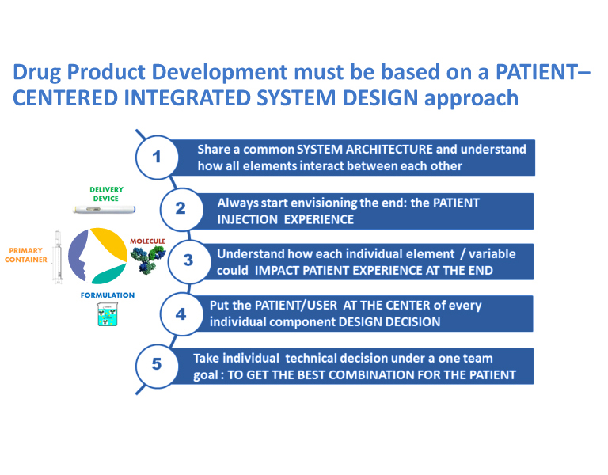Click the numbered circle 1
click(157, 156)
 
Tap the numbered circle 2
click(180, 208)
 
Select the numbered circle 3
click(188, 260)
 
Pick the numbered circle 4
click(180, 313)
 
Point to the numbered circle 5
click(157, 364)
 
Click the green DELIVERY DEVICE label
click(105, 195)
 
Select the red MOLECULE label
click(147, 239)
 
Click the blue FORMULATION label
click(107, 295)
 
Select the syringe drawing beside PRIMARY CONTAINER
click(57, 256)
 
